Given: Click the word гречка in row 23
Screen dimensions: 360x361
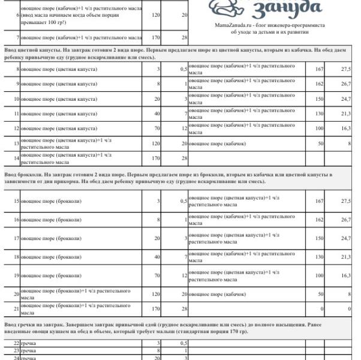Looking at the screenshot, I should click(29, 350).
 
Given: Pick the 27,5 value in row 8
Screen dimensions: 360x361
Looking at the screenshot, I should click(345, 70).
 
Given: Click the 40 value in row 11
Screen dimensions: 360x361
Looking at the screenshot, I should click(157, 113).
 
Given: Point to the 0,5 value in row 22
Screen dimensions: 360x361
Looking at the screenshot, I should click(183, 343).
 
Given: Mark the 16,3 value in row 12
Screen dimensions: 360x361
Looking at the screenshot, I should click(345, 128).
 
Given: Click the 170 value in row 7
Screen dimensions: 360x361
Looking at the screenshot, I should click(155, 37).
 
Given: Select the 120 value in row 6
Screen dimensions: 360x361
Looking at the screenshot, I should click(155, 15).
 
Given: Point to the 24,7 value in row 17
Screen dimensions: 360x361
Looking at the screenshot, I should click(345, 239).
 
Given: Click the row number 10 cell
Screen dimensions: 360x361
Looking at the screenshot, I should click(16, 98).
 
